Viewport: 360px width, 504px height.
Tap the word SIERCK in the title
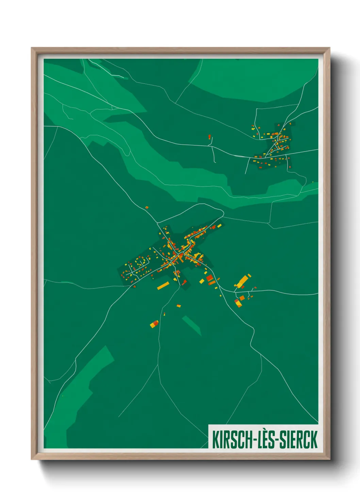[298, 440]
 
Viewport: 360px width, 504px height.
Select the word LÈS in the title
[266, 440]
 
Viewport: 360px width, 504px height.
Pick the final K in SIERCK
[313, 440]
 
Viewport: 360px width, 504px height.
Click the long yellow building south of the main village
[163, 285]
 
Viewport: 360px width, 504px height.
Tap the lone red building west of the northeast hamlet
[210, 137]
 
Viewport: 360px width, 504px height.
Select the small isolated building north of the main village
[147, 207]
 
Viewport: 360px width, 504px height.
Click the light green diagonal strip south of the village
[192, 325]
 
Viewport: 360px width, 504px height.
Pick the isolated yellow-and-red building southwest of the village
[154, 324]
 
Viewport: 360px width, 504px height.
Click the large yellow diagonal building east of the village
[243, 281]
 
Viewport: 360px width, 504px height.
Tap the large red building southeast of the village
[210, 278]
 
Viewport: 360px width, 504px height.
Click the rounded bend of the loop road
[223, 212]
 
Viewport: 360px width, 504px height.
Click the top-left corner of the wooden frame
[32, 48]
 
